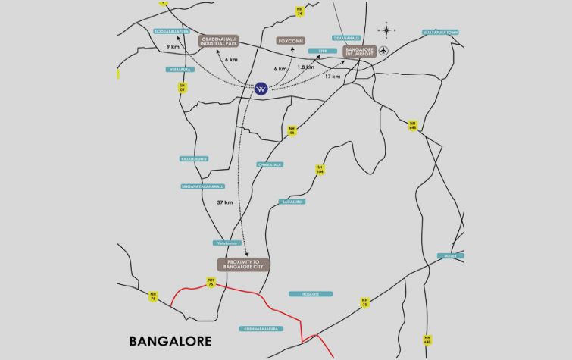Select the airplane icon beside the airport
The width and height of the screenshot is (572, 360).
383,51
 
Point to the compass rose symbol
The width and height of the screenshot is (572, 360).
386,31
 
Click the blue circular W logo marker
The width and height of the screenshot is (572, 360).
261,88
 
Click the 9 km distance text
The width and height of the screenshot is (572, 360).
173,48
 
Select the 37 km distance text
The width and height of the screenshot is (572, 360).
223,202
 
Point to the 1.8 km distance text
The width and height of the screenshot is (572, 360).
305,67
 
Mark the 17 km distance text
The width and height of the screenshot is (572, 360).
332,76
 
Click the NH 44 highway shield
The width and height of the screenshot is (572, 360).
292,131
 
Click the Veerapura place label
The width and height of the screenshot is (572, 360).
177,69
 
